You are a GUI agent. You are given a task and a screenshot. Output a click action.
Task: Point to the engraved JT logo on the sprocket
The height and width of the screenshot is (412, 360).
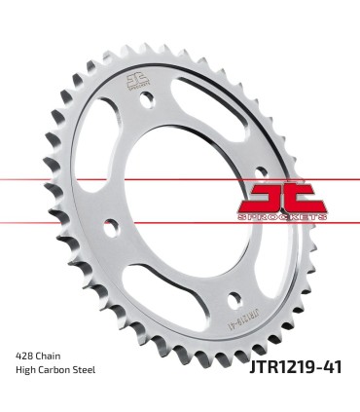coord(136,80)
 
